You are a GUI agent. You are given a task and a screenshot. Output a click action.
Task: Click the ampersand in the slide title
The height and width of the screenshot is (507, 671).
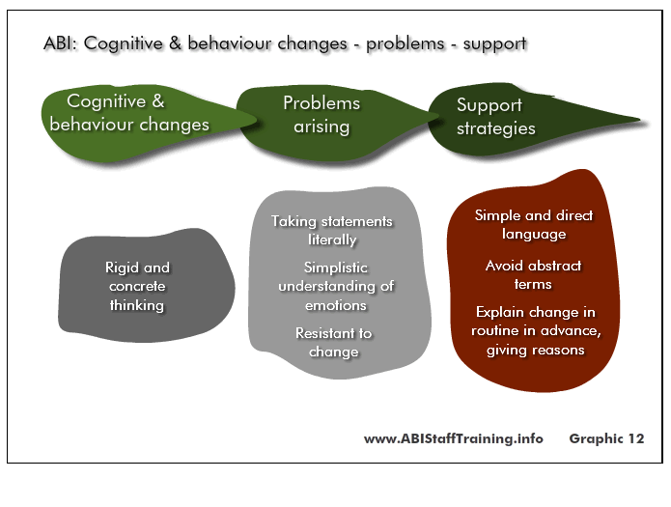click(x=175, y=43)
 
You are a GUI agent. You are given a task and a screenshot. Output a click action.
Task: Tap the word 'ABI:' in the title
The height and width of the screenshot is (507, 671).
click(x=60, y=43)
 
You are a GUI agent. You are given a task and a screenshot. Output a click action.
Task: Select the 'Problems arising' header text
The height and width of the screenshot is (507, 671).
click(x=322, y=115)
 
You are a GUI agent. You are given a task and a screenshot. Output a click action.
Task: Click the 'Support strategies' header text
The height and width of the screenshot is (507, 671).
click(x=496, y=117)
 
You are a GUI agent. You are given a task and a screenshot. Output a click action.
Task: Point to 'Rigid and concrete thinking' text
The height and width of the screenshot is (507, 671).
click(x=137, y=286)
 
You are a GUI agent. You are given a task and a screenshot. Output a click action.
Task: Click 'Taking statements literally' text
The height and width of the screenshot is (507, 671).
click(x=332, y=231)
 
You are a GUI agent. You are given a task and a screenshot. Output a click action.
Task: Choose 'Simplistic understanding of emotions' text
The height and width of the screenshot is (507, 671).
click(x=336, y=286)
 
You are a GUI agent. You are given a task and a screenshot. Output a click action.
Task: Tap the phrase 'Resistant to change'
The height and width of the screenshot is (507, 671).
click(x=334, y=342)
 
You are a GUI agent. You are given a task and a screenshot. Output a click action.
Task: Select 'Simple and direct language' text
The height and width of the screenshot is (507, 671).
click(x=534, y=224)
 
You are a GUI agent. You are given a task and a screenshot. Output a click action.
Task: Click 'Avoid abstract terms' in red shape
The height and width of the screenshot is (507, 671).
click(x=533, y=274)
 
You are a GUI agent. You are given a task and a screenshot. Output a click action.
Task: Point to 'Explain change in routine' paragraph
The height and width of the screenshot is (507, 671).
click(x=536, y=330)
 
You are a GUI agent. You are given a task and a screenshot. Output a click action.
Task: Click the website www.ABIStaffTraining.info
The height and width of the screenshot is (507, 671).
click(x=454, y=438)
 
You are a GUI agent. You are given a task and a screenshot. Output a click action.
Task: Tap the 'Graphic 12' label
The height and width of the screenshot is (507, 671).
click(x=606, y=438)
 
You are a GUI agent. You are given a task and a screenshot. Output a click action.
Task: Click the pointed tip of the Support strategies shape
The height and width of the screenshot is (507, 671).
click(x=640, y=120)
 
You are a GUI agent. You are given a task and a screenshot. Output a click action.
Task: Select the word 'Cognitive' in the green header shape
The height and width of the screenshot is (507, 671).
click(x=106, y=102)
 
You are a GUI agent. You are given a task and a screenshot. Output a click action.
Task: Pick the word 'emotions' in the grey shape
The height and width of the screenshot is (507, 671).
click(x=336, y=305)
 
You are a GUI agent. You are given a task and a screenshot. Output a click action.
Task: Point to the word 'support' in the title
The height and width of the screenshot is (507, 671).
click(x=494, y=44)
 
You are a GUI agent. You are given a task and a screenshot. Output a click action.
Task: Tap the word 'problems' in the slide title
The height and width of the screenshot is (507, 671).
click(x=405, y=44)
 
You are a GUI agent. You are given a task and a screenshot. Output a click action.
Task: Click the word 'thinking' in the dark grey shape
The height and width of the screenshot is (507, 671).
click(x=137, y=305)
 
